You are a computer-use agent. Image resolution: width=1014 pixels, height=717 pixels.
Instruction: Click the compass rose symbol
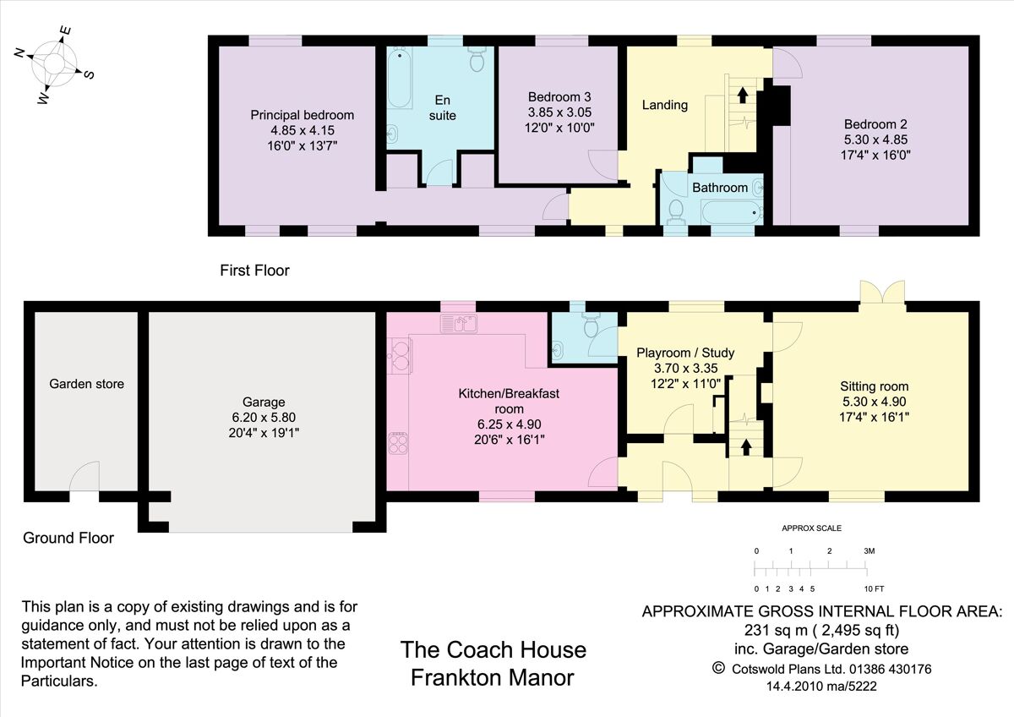(54, 64)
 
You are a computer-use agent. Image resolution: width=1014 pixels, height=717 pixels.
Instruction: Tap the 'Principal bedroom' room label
(303, 115)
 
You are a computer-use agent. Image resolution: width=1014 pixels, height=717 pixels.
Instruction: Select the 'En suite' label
(442, 107)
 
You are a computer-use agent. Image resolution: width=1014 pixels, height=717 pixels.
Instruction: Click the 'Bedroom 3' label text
(559, 96)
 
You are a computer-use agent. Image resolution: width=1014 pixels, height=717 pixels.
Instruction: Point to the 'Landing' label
(665, 105)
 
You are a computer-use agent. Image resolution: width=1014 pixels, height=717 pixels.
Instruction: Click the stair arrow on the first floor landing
(743, 94)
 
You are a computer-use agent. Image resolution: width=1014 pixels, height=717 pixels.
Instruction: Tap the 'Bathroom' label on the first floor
(720, 187)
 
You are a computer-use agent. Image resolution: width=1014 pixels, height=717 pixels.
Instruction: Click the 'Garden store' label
(86, 384)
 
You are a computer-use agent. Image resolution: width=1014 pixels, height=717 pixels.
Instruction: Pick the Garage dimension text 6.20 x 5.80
(264, 418)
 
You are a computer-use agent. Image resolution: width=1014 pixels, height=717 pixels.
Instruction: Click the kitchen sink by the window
(458, 323)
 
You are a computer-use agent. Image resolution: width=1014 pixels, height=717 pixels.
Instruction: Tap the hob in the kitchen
(398, 443)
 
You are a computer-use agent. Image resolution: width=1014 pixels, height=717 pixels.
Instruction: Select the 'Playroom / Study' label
(684, 353)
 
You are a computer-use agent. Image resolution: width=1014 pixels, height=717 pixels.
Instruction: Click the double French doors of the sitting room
(883, 292)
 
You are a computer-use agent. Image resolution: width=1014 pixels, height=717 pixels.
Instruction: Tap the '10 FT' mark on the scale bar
(873, 588)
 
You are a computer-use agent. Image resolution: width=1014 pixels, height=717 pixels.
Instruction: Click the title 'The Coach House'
(493, 649)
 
